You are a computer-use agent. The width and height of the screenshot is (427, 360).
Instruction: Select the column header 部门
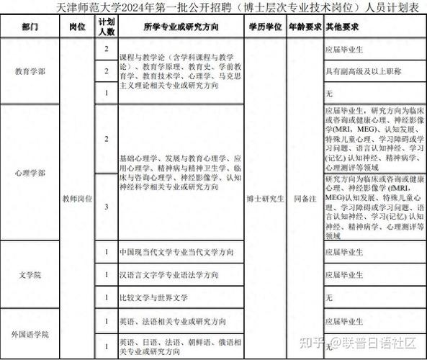pos(30,27)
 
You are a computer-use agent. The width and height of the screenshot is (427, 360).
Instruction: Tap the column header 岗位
pos(78,27)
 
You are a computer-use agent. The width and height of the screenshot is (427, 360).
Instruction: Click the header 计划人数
pos(107,27)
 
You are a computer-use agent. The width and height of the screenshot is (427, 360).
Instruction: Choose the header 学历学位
pos(264,27)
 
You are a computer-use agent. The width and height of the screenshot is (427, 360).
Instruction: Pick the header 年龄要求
pos(304,27)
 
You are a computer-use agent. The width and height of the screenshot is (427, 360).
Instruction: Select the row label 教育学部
pos(30,71)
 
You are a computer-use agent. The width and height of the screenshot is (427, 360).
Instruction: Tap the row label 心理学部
pos(30,174)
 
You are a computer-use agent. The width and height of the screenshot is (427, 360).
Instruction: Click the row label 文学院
pos(30,274)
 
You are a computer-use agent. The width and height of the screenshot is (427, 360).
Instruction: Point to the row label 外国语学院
pos(30,334)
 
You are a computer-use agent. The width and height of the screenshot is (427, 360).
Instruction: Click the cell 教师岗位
pos(78,197)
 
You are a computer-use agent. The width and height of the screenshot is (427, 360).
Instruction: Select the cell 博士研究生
pos(264,197)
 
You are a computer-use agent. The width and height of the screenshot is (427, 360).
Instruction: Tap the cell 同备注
pos(304,197)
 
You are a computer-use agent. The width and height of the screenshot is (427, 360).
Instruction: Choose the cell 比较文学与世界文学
pos(154,297)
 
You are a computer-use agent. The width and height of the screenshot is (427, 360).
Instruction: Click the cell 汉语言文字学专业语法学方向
pos(169,275)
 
